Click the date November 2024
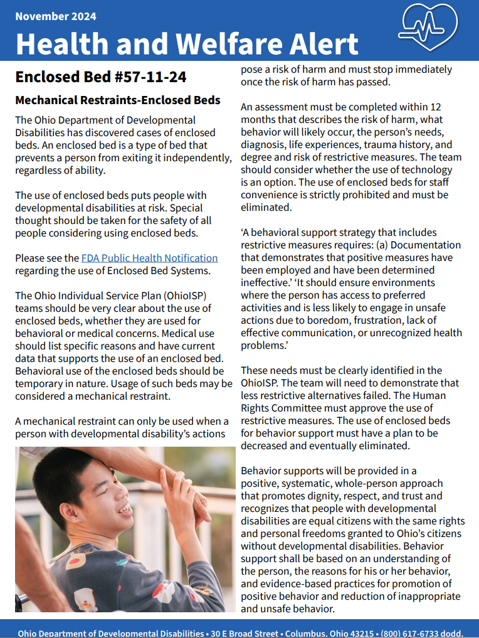click(56, 16)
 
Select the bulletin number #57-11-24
click(143, 77)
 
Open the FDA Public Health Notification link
click(149, 258)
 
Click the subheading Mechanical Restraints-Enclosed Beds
click(118, 100)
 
